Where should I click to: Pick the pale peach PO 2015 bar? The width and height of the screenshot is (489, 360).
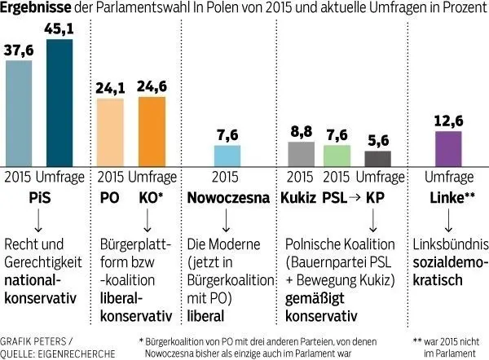111,131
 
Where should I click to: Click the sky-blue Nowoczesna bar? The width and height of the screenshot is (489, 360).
227,156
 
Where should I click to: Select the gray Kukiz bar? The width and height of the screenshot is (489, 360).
302,153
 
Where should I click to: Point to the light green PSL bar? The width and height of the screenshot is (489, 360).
337,155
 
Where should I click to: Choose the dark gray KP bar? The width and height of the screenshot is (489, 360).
377,158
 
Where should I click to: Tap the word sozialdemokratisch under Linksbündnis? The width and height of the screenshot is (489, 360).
448,269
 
